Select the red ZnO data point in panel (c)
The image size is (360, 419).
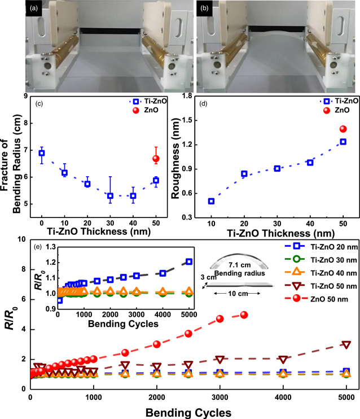click(156, 159)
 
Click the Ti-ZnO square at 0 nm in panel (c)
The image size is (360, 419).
click(42, 153)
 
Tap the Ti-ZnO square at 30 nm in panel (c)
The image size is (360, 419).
click(111, 195)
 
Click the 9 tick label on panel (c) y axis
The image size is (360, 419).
click(25, 96)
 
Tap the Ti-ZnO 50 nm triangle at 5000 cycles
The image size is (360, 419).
click(346, 344)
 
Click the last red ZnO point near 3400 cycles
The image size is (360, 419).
click(244, 315)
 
